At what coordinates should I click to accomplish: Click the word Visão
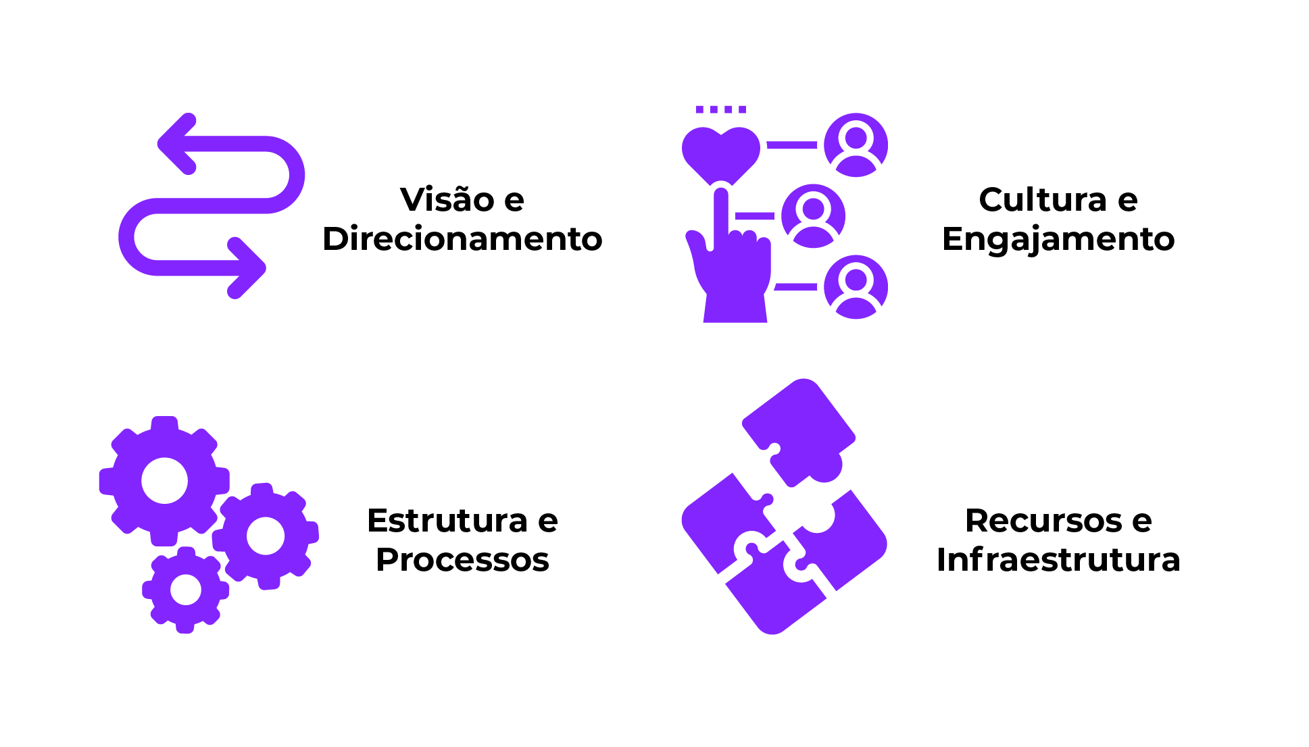coord(447,199)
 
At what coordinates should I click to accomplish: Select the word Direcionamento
coord(462,238)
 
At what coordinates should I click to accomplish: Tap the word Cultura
coord(1043,199)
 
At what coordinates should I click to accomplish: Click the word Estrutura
coord(447,521)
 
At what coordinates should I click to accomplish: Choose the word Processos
coord(462,560)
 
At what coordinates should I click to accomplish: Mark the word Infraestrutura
coord(1058,560)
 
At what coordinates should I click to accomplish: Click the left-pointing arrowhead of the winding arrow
coord(174,144)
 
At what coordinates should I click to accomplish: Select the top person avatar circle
coord(856,145)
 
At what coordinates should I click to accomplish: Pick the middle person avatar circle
coord(813,216)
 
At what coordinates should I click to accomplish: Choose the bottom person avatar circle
coord(856,287)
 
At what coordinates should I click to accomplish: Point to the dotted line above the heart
coord(721,109)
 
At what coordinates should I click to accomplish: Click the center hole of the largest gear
coord(164,481)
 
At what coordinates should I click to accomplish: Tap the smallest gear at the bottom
coord(185,590)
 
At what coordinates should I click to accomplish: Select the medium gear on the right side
coord(266,536)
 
